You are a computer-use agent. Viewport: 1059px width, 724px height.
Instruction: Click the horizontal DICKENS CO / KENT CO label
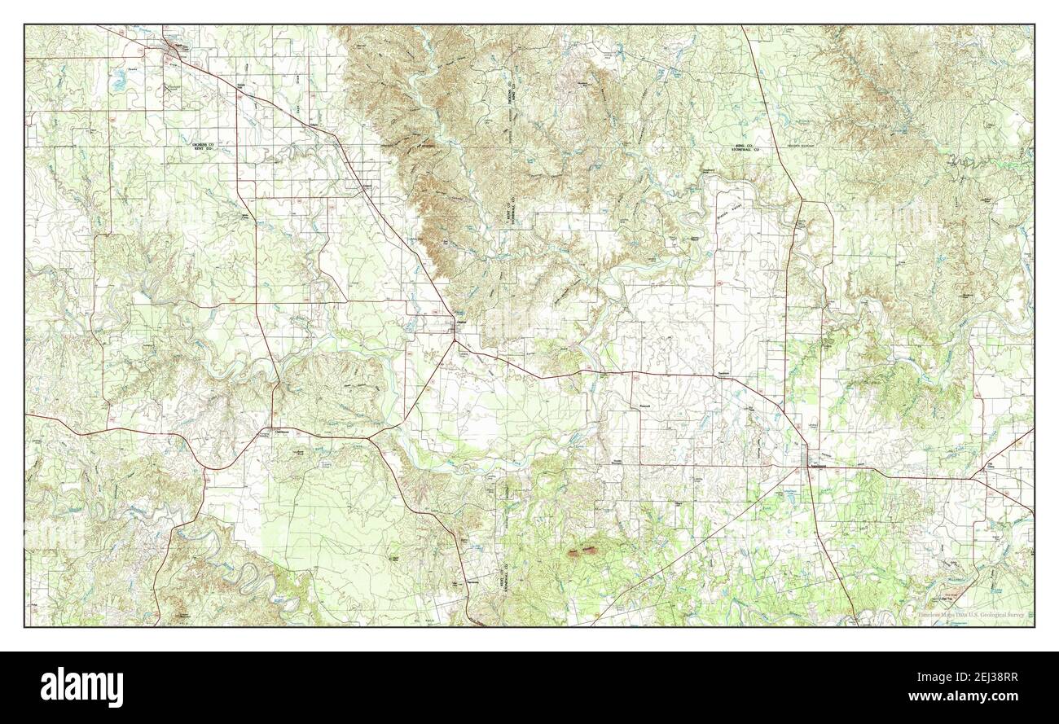203,147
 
